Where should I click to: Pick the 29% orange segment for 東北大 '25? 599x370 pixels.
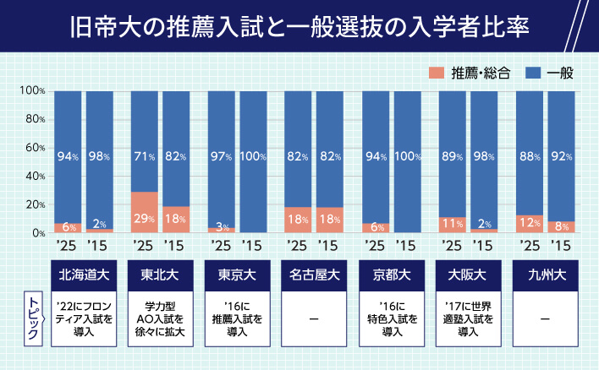pos(145,212)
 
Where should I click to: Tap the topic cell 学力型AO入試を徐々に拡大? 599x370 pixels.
pos(159,318)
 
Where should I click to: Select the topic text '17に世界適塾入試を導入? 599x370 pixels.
pos(467,318)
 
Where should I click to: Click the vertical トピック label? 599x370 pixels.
pos(33,319)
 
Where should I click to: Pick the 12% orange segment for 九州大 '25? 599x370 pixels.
pos(530,224)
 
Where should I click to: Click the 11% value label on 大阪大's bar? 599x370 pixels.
pos(453,224)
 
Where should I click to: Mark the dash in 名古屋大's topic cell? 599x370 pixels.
pos(313,318)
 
